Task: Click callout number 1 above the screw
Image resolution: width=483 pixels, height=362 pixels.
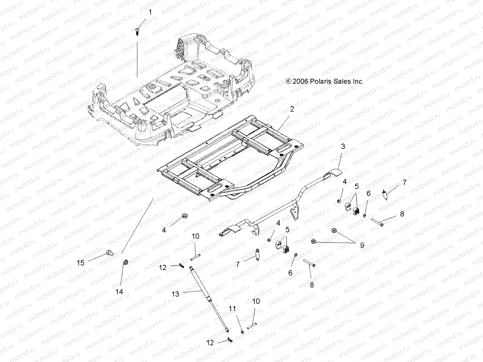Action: [x=150, y=12]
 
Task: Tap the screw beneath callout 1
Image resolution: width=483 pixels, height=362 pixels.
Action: [x=137, y=31]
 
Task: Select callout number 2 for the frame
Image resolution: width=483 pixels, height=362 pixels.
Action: [x=292, y=109]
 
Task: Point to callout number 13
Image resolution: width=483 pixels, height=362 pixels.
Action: [x=175, y=294]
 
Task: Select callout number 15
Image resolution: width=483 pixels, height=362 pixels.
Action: [x=81, y=263]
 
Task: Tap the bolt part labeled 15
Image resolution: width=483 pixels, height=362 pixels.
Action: [x=110, y=253]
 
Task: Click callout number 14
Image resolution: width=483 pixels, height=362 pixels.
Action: [x=119, y=291]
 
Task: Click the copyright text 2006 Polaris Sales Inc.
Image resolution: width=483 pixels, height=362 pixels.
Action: [x=325, y=81]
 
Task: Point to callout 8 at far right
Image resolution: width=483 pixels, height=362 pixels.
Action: [x=402, y=214]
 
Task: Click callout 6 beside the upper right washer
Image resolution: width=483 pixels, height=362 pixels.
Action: [x=369, y=193]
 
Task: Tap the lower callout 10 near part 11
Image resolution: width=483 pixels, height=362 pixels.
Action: [x=256, y=301]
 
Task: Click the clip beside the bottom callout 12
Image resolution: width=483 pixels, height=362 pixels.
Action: [x=230, y=341]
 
